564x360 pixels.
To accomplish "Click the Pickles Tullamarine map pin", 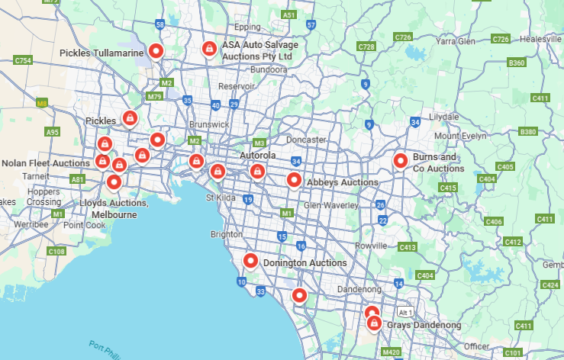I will tap(156, 51).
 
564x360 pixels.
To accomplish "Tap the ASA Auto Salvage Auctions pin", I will tap(208, 48).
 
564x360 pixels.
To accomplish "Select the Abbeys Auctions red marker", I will tap(294, 179).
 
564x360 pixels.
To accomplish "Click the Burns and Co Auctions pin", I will tap(400, 160).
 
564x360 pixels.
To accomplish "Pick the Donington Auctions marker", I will tap(250, 261).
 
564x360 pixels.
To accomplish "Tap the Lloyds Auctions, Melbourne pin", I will tap(114, 182).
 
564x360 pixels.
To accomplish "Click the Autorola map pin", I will tap(257, 171).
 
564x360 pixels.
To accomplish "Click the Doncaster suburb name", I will tap(306, 140).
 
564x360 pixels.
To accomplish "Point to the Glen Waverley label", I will tap(331, 205).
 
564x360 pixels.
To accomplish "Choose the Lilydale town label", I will tap(443, 117).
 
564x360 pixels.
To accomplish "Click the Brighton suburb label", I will tap(227, 235).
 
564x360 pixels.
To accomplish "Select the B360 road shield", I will tap(516, 63).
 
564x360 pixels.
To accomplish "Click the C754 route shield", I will tap(23, 60).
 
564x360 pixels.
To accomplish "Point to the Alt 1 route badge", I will tap(404, 312).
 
